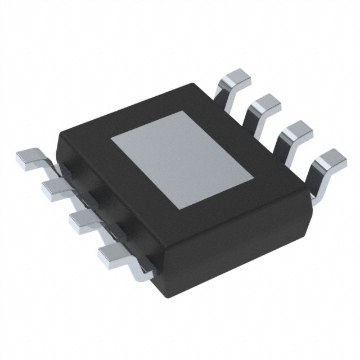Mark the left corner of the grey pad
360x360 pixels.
point(111,137)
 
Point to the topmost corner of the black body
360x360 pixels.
point(197,83)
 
